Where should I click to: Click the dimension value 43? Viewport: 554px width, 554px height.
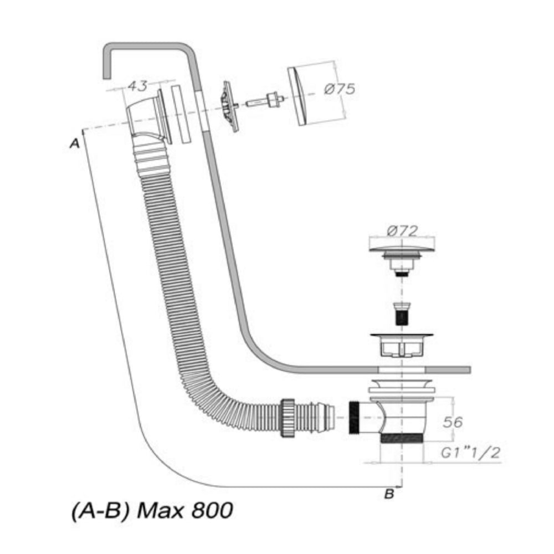[137, 86]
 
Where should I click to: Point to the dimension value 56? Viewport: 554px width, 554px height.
[453, 422]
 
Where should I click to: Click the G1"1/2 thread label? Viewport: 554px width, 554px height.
[470, 453]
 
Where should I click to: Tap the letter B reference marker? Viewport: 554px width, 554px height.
[389, 494]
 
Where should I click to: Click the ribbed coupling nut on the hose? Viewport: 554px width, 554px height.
[288, 417]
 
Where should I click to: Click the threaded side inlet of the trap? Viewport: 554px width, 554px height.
[354, 417]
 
